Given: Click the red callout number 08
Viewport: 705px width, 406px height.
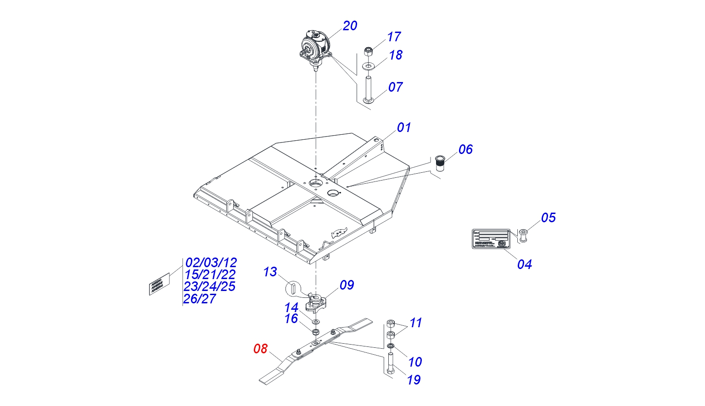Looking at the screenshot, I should click(260, 349).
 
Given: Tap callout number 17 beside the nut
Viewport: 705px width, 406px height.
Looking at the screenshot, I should click(394, 37).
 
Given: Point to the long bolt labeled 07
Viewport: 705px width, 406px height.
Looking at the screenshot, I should click(368, 89).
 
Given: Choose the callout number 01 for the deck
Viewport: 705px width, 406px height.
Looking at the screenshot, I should click(404, 127).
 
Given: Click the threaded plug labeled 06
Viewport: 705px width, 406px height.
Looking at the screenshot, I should click(440, 163).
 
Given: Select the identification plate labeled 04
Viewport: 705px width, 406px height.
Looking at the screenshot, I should click(491, 239).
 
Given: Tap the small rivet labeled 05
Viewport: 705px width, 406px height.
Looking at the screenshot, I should click(523, 236).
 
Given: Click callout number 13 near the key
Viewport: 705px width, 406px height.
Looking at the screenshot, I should click(270, 272).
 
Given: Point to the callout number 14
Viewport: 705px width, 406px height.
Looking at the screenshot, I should click(291, 307).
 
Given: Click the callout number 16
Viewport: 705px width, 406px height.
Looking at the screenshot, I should click(291, 319).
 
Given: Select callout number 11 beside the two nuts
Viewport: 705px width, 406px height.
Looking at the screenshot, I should click(415, 323).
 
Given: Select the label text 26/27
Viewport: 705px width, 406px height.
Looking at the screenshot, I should click(200, 299).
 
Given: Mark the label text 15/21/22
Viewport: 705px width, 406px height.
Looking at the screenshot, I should click(210, 274).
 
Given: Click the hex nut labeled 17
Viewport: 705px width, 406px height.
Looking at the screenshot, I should click(368, 51).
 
